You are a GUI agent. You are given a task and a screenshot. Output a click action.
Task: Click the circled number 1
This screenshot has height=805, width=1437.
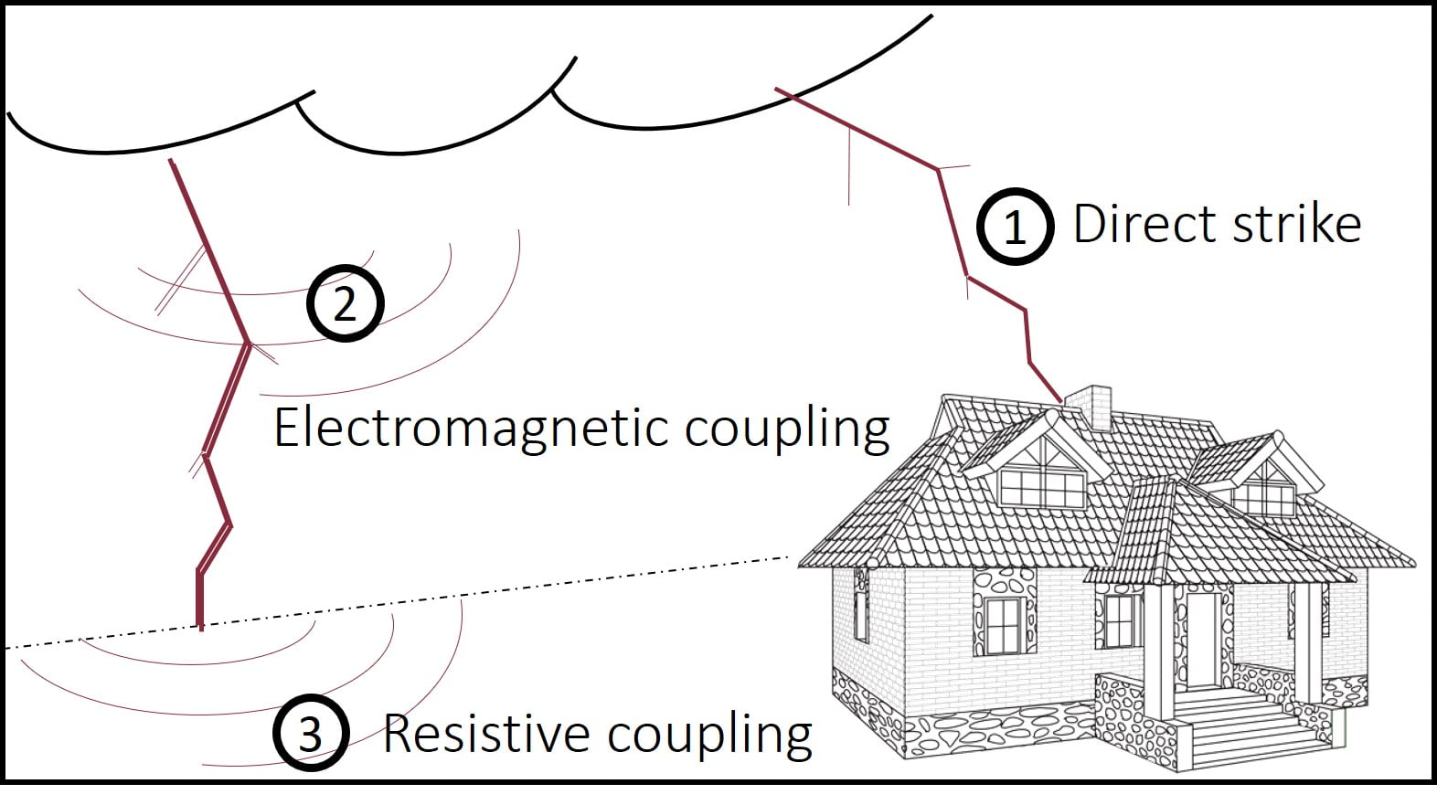[1015, 227]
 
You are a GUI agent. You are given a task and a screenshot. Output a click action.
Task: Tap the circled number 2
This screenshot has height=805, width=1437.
[346, 302]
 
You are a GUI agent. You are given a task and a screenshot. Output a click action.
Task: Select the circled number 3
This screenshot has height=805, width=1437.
[311, 733]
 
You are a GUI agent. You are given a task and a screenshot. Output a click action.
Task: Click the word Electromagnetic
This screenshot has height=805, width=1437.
[472, 429]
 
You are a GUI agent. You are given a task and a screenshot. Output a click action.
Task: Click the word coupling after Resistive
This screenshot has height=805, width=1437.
[709, 736]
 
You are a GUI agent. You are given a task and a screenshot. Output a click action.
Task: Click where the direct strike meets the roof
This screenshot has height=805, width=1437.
[1060, 401]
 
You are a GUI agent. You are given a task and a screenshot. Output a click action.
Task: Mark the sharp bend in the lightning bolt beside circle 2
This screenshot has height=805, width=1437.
[248, 344]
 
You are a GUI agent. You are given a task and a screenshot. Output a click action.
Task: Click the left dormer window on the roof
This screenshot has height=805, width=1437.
[1042, 489]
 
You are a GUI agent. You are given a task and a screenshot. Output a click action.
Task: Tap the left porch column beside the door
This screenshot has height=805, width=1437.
[1161, 649]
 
